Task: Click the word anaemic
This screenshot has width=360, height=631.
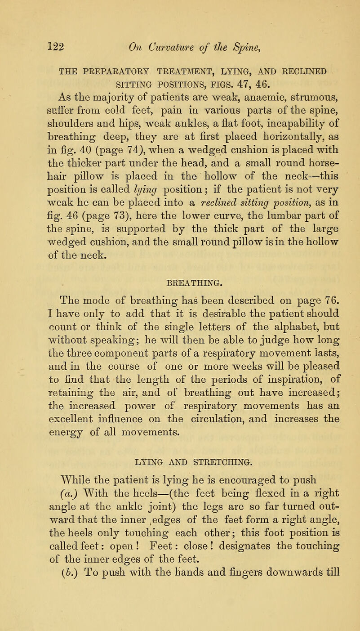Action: pyautogui.click(x=205, y=70)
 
